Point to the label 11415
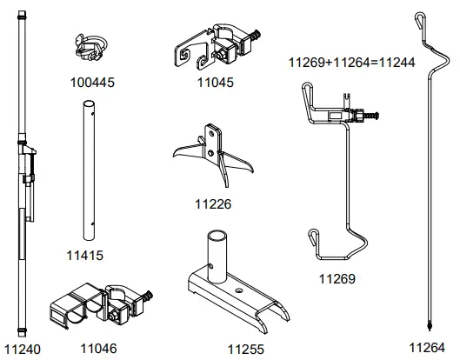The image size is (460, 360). (85, 257)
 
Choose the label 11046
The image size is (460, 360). (98, 349)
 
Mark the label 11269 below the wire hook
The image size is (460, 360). (337, 280)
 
